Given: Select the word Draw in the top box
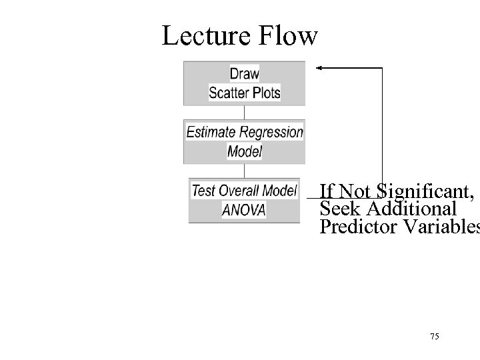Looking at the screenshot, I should pyautogui.click(x=244, y=73).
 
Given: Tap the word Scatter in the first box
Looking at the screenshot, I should pyautogui.click(x=228, y=93).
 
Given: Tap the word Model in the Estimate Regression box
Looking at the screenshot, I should pyautogui.click(x=244, y=151).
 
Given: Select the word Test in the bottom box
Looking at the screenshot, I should pyautogui.click(x=203, y=191).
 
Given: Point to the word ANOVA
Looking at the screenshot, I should pyautogui.click(x=243, y=210).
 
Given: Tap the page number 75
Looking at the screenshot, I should pyautogui.click(x=435, y=337).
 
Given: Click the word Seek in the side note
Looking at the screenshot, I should pyautogui.click(x=337, y=209).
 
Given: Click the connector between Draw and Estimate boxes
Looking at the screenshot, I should pyautogui.click(x=244, y=112).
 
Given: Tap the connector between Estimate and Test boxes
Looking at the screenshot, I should pyautogui.click(x=244, y=171).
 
